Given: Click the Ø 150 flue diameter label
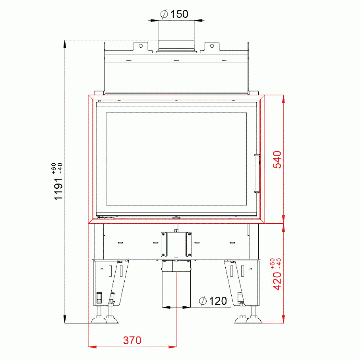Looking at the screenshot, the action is [174, 14].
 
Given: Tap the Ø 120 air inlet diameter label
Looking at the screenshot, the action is [213, 301].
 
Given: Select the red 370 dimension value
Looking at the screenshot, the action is [132, 340].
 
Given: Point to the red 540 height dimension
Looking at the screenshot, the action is [277, 160].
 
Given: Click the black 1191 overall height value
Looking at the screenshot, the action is [58, 189].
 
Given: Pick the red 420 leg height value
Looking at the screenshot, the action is [277, 281].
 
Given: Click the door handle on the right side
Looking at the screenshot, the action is [257, 173].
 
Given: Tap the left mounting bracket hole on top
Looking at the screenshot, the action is [141, 46].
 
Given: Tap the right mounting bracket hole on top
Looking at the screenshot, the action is [212, 46].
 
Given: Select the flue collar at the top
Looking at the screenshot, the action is [176, 45].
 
